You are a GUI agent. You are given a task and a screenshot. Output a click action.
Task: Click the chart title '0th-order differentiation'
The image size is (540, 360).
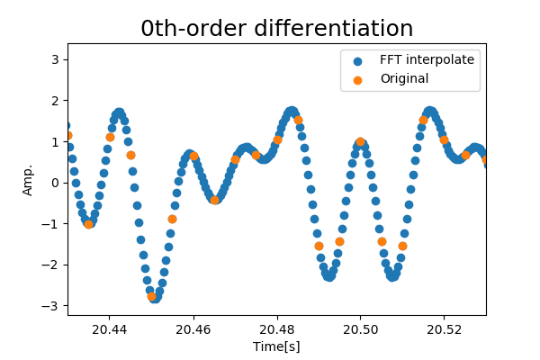pos(276,29)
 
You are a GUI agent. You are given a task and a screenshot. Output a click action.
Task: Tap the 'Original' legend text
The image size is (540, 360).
pos(404,79)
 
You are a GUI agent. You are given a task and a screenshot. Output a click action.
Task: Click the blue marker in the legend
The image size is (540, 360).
pos(357,61)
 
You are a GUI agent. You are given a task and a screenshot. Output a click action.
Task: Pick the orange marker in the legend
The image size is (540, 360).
pos(357,79)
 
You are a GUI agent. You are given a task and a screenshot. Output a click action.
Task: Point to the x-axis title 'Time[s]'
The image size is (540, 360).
pos(276,346)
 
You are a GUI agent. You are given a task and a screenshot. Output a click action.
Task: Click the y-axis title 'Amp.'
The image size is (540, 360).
pos(28,179)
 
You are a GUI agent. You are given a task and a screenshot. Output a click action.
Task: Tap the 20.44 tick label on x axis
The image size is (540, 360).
pos(109,330)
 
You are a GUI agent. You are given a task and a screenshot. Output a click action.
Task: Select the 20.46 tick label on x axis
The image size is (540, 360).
pos(193,330)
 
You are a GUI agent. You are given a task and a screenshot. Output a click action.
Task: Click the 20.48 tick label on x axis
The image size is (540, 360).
pos(276,330)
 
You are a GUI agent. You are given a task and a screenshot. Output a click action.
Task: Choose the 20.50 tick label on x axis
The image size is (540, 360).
pos(360,330)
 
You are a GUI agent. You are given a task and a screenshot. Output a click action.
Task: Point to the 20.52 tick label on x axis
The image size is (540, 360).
pos(444,330)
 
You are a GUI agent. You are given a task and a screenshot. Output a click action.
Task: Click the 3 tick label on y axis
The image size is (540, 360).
pos(55,59)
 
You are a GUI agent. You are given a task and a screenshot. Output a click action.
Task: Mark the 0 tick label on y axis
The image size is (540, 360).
pos(55,183)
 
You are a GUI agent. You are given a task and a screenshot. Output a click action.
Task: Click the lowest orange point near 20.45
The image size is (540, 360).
pos(152,296)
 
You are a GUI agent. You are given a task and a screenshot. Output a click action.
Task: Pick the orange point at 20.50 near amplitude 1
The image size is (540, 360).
pos(360,141)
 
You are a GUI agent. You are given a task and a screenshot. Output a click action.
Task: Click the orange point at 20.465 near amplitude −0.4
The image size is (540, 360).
pos(214,199)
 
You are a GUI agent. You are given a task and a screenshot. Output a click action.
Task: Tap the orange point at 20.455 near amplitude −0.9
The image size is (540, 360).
pos(172,219)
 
